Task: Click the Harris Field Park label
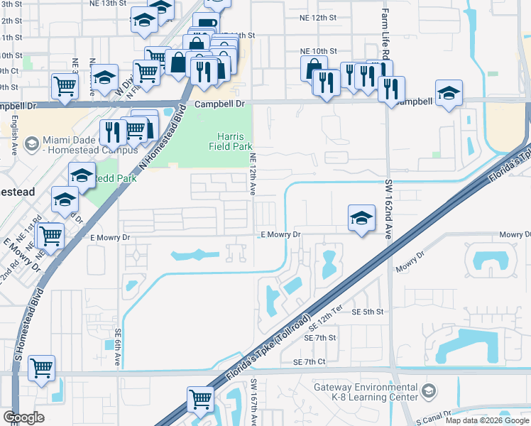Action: click(227, 141)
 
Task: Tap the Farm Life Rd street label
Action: click(385, 35)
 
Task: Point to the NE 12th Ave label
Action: click(252, 174)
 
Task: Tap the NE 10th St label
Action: click(318, 51)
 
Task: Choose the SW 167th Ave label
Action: click(253, 402)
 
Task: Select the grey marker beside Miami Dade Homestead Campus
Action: click(31, 145)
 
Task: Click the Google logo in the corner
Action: click(23, 417)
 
